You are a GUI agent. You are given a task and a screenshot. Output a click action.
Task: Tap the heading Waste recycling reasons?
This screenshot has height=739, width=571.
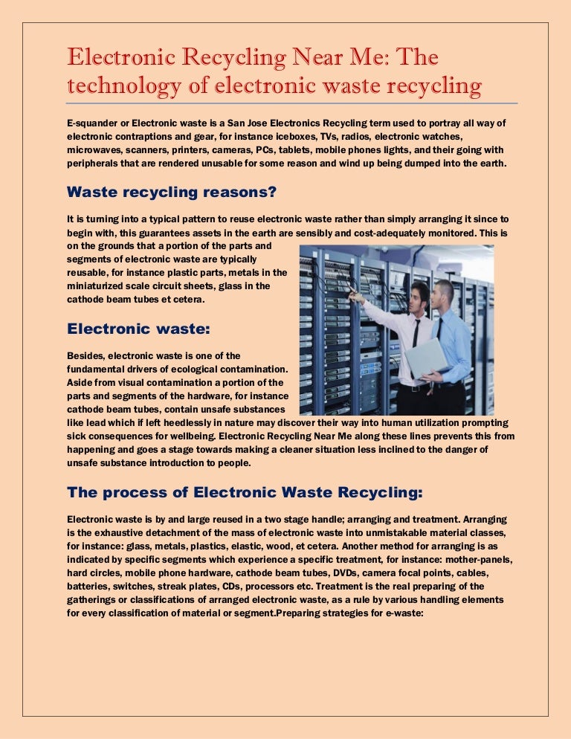[172, 192]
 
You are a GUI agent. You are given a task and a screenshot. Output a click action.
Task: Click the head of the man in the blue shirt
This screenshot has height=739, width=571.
[444, 293]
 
